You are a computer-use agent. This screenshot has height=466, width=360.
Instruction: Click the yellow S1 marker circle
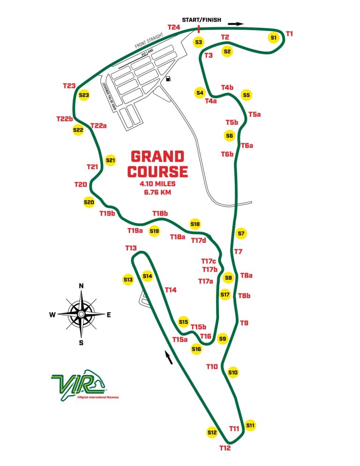click(x=274, y=37)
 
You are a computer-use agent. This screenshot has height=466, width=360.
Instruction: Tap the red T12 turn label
click(x=225, y=448)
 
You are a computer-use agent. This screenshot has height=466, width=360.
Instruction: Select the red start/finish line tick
click(x=199, y=29)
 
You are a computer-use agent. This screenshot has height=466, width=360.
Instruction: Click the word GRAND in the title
click(x=157, y=157)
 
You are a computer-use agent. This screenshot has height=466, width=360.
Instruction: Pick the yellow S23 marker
click(x=84, y=95)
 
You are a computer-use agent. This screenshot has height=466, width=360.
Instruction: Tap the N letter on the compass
click(x=81, y=286)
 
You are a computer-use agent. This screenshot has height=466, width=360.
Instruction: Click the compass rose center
click(x=81, y=314)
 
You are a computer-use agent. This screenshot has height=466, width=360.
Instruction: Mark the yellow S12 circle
click(x=212, y=432)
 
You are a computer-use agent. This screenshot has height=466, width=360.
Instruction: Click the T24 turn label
click(x=173, y=28)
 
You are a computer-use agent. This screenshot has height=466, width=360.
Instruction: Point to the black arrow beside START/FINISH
click(x=239, y=23)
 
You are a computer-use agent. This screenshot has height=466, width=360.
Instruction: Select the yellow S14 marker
click(x=148, y=277)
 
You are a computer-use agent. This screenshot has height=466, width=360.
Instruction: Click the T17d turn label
click(x=199, y=241)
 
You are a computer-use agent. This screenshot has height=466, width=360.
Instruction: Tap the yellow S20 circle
click(x=89, y=202)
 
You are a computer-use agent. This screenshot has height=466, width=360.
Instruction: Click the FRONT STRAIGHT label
click(x=148, y=40)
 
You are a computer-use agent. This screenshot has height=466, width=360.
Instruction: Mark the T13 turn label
click(x=131, y=248)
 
